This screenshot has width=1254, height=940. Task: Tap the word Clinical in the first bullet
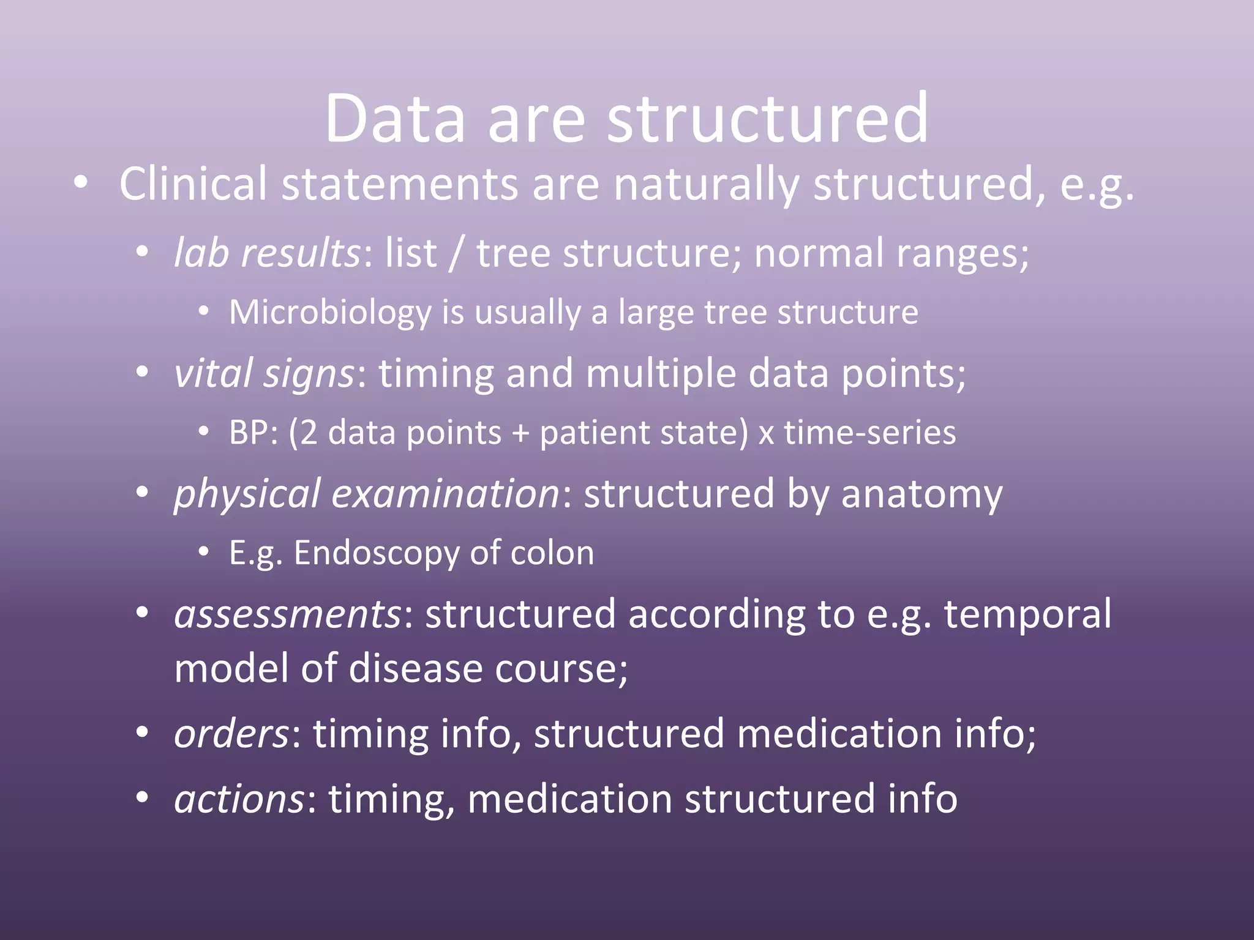(192, 184)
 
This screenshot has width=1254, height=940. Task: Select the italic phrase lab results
(267, 253)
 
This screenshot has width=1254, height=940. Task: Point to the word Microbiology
(330, 312)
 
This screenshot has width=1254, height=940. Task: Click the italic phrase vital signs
(264, 373)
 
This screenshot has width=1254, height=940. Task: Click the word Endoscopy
(376, 553)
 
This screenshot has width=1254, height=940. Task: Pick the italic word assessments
(287, 614)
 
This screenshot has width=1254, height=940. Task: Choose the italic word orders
(231, 733)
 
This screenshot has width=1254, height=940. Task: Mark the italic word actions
(239, 799)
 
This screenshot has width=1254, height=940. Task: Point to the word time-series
(869, 433)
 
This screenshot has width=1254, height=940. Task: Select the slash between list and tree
(454, 253)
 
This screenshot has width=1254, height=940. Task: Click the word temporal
(1027, 614)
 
